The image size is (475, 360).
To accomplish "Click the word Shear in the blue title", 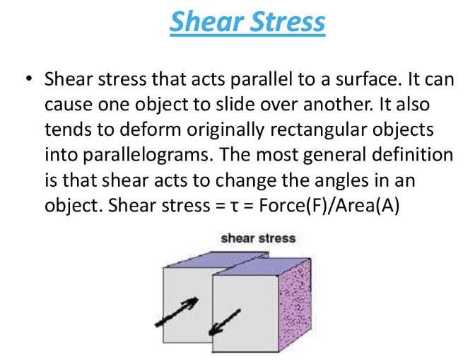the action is (206, 21).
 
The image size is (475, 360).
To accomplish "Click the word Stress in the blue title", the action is (288, 21).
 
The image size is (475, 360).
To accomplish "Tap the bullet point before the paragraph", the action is (29, 79).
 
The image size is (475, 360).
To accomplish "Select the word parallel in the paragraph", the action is (261, 79).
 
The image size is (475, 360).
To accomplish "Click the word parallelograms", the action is (146, 156).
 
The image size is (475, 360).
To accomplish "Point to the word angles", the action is (341, 181).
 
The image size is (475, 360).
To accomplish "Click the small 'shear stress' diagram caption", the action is (258, 238).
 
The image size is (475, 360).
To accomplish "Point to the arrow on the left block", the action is (177, 312).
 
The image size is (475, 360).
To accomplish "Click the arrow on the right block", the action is (225, 323).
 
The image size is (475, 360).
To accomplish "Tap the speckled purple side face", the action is (295, 304).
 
